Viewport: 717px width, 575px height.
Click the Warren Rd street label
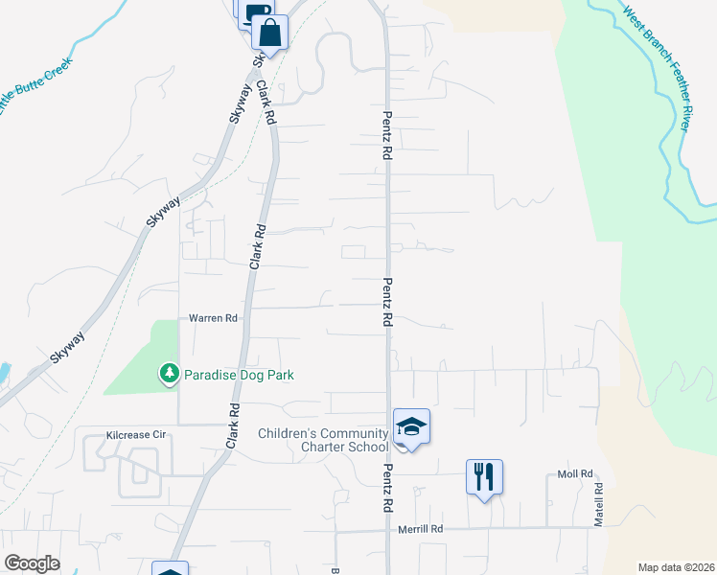213,317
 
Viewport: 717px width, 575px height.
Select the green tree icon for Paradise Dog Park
170,373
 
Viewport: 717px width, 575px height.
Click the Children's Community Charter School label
323,441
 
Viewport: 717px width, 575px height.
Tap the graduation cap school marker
411,426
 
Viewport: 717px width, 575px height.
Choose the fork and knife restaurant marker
484,476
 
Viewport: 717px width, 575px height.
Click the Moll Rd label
576,474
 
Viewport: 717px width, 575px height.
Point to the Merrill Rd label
422,528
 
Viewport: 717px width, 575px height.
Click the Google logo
32,563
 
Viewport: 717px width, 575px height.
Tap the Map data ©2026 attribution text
675,567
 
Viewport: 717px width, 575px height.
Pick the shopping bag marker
270,33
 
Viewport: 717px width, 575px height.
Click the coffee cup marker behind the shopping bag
251,11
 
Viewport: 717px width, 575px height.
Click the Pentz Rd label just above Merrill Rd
388,489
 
